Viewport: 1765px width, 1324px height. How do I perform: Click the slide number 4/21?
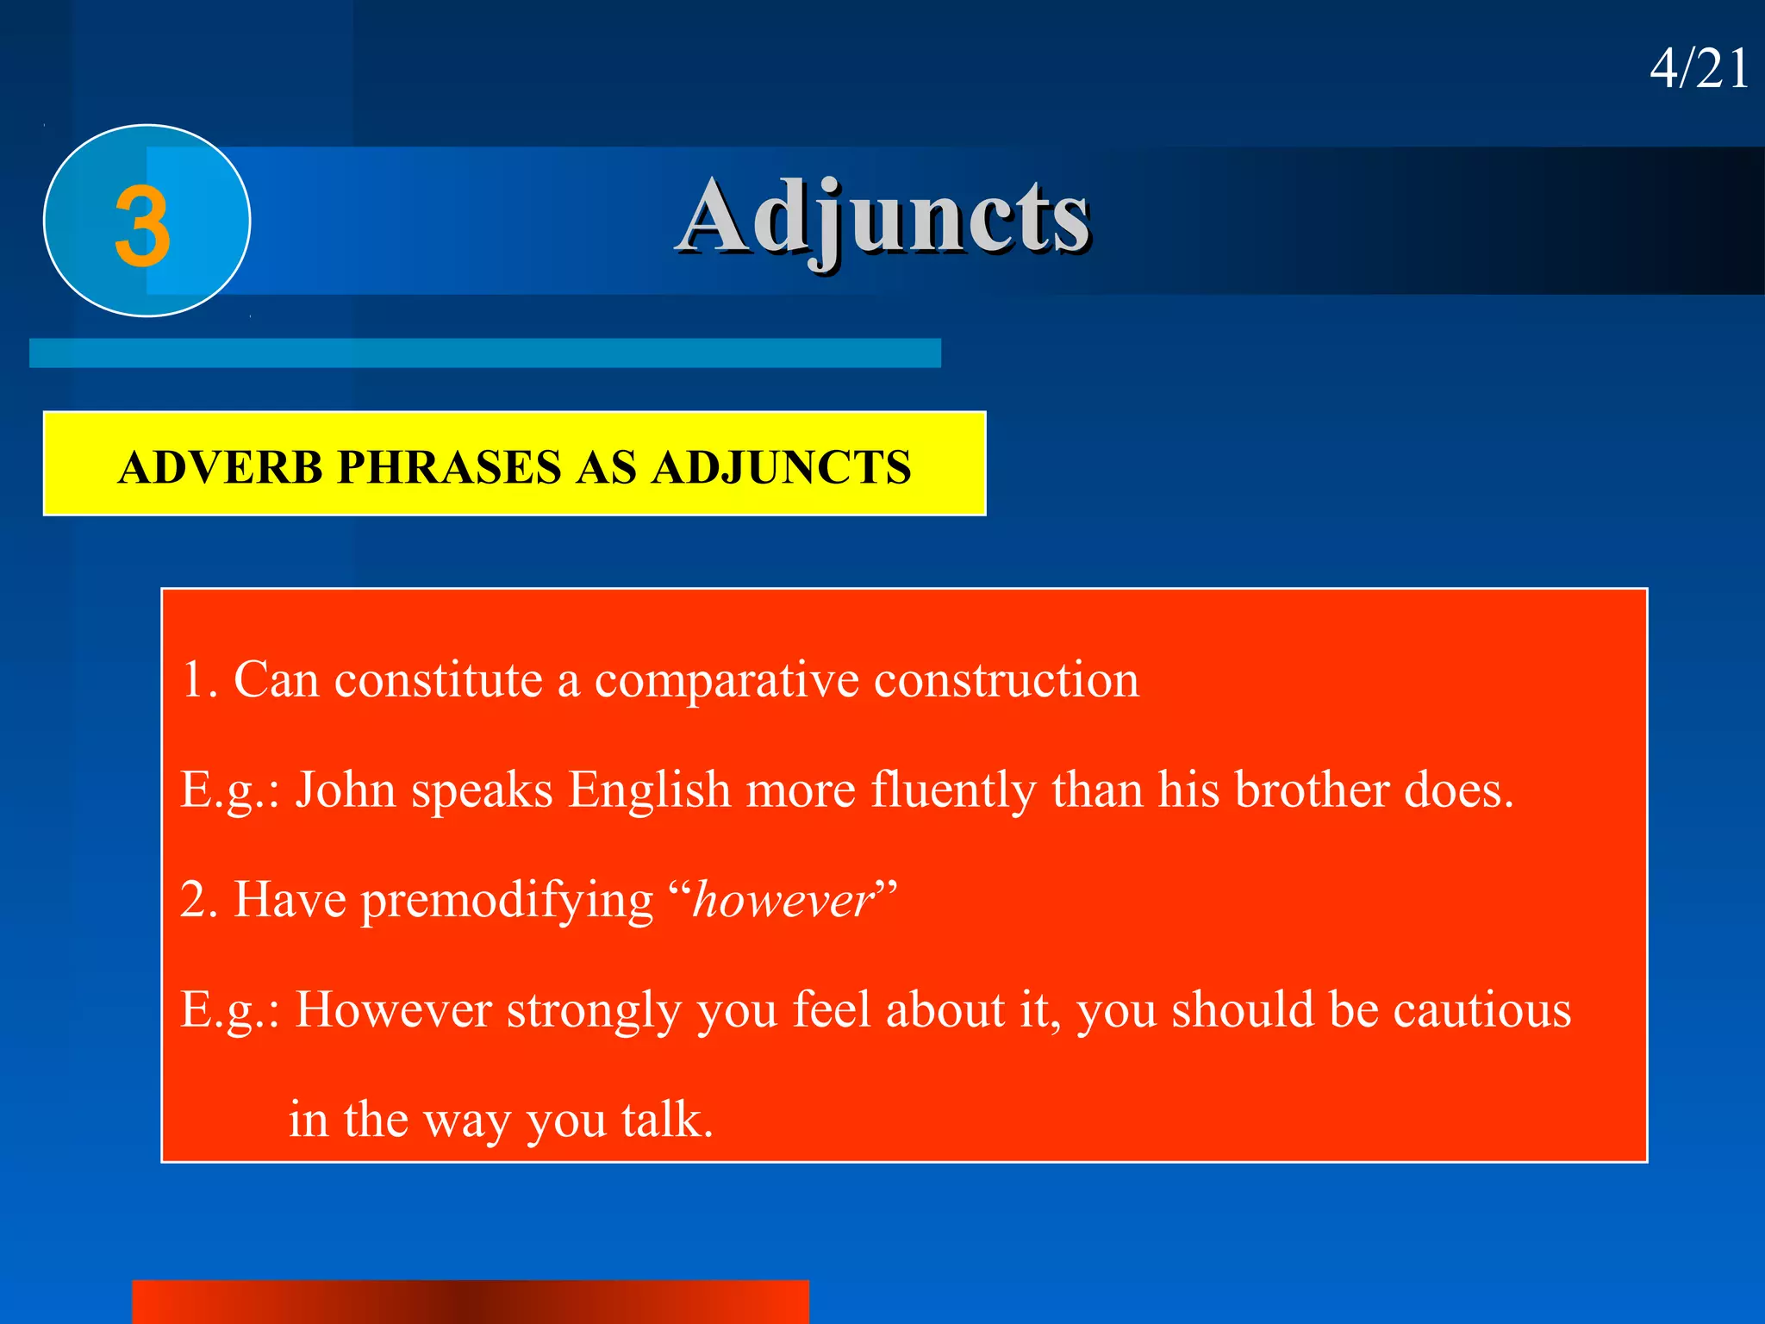[x=1699, y=69]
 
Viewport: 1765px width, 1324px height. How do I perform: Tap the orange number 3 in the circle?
[x=143, y=226]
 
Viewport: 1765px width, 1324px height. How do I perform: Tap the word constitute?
[x=439, y=681]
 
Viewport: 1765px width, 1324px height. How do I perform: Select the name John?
[x=346, y=790]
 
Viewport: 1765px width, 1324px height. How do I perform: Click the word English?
[x=649, y=790]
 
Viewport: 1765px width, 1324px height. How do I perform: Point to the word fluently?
[x=953, y=790]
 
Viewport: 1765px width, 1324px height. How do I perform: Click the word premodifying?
[x=507, y=901]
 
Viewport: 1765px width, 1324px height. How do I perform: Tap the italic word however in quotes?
[x=783, y=901]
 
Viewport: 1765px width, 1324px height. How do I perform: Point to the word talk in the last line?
[x=665, y=1120]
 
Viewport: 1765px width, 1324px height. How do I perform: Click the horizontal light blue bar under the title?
[x=484, y=353]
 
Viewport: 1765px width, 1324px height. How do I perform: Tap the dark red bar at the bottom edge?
[x=470, y=1302]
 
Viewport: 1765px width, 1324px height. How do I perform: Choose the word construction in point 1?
[x=1006, y=681]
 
